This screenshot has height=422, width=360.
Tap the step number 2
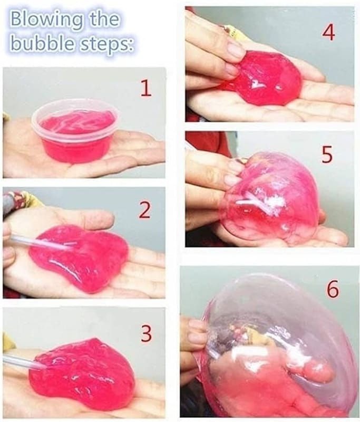[144, 210]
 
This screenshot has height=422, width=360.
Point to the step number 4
[328, 33]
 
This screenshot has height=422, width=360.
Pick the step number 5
[327, 155]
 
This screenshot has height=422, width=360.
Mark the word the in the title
[102, 20]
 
